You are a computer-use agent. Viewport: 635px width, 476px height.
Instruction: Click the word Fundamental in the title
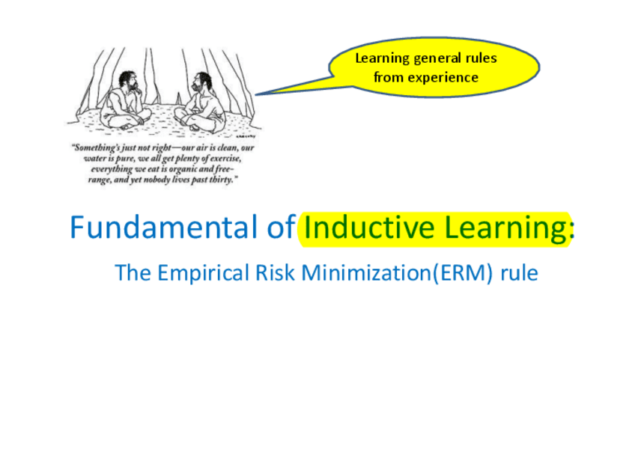coord(164,227)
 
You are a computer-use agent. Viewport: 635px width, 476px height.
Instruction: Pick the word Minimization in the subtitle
coord(365,272)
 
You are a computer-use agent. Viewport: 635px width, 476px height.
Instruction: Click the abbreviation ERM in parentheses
coord(463,273)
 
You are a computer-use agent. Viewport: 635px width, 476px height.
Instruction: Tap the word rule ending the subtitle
coord(519,272)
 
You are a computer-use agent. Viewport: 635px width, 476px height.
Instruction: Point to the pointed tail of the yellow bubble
coord(256,95)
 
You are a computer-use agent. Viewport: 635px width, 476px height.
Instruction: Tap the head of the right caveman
coord(201,82)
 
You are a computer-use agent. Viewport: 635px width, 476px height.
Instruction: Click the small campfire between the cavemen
coord(177,98)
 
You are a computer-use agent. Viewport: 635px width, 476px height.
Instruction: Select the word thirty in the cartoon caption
coord(221,180)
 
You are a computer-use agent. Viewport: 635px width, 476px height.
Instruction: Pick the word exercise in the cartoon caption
coord(225,158)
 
